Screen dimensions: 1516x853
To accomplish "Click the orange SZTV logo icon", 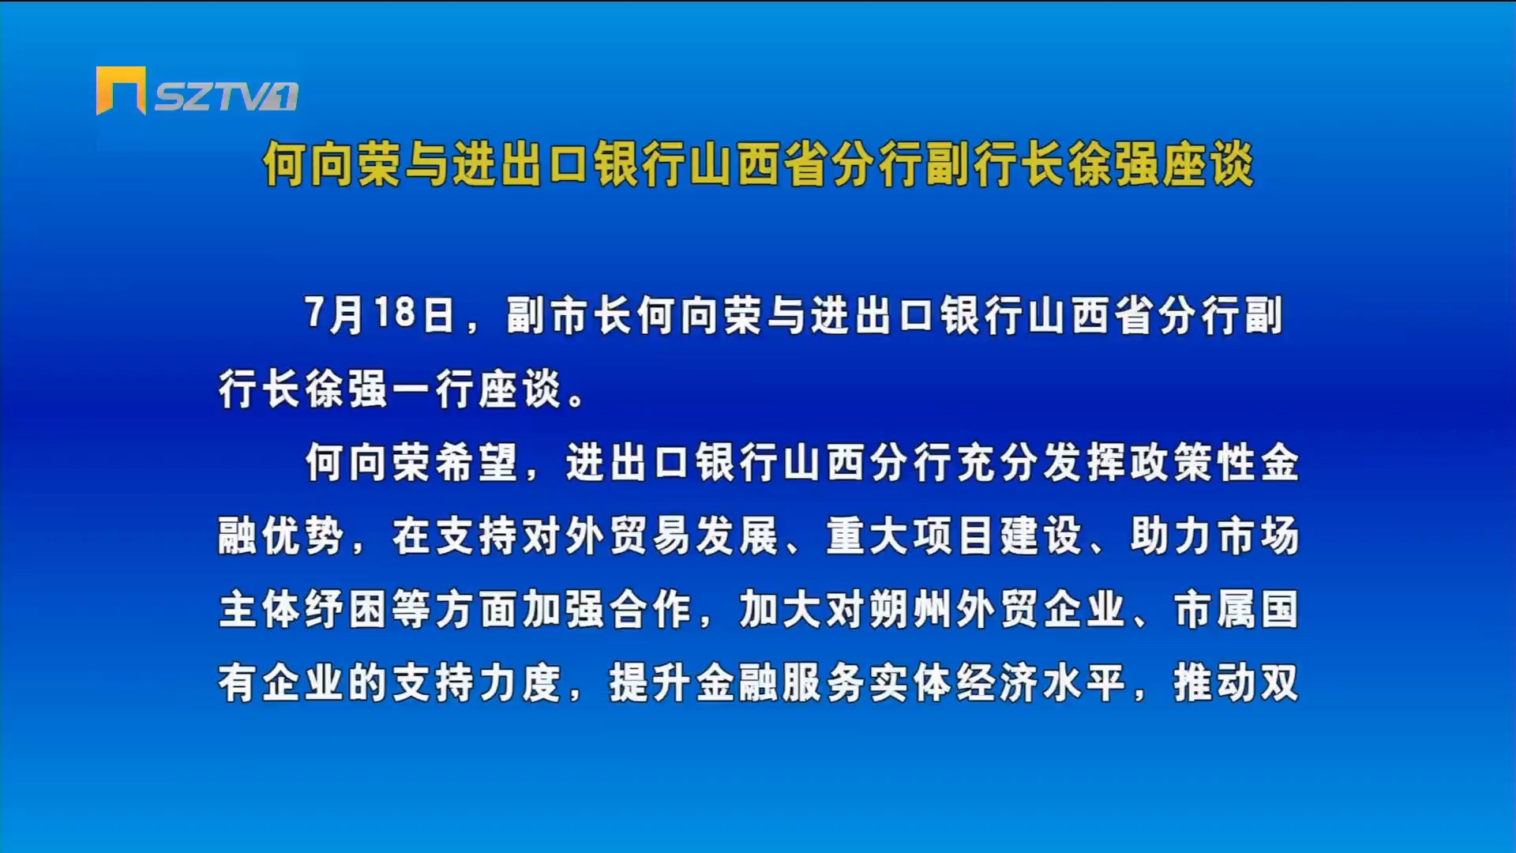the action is (121, 90).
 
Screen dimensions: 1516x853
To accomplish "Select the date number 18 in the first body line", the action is (395, 313).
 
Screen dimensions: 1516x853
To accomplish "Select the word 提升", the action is (650, 682).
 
